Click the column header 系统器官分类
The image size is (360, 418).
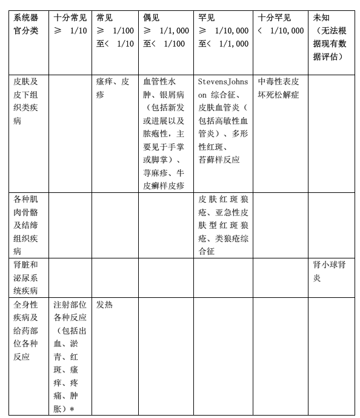tap(27, 24)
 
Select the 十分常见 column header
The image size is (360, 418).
tap(69, 24)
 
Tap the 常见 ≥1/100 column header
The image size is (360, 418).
tap(115, 31)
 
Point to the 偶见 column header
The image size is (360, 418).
tap(165, 31)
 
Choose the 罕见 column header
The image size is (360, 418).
tap(223, 31)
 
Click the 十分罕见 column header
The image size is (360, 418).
tap(280, 24)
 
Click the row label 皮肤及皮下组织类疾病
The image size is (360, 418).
tap(27, 100)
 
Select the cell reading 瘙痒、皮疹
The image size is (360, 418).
tap(113, 87)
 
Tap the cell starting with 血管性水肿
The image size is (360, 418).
tap(164, 132)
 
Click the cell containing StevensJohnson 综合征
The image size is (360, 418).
tap(223, 120)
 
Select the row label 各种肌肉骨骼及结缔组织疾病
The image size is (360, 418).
tap(27, 224)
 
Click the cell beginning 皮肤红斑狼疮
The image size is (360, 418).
tap(223, 224)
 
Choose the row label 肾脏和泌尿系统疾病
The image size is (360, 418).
tap(27, 277)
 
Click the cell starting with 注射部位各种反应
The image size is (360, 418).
tap(69, 356)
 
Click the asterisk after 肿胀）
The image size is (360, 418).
tap(72, 410)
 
